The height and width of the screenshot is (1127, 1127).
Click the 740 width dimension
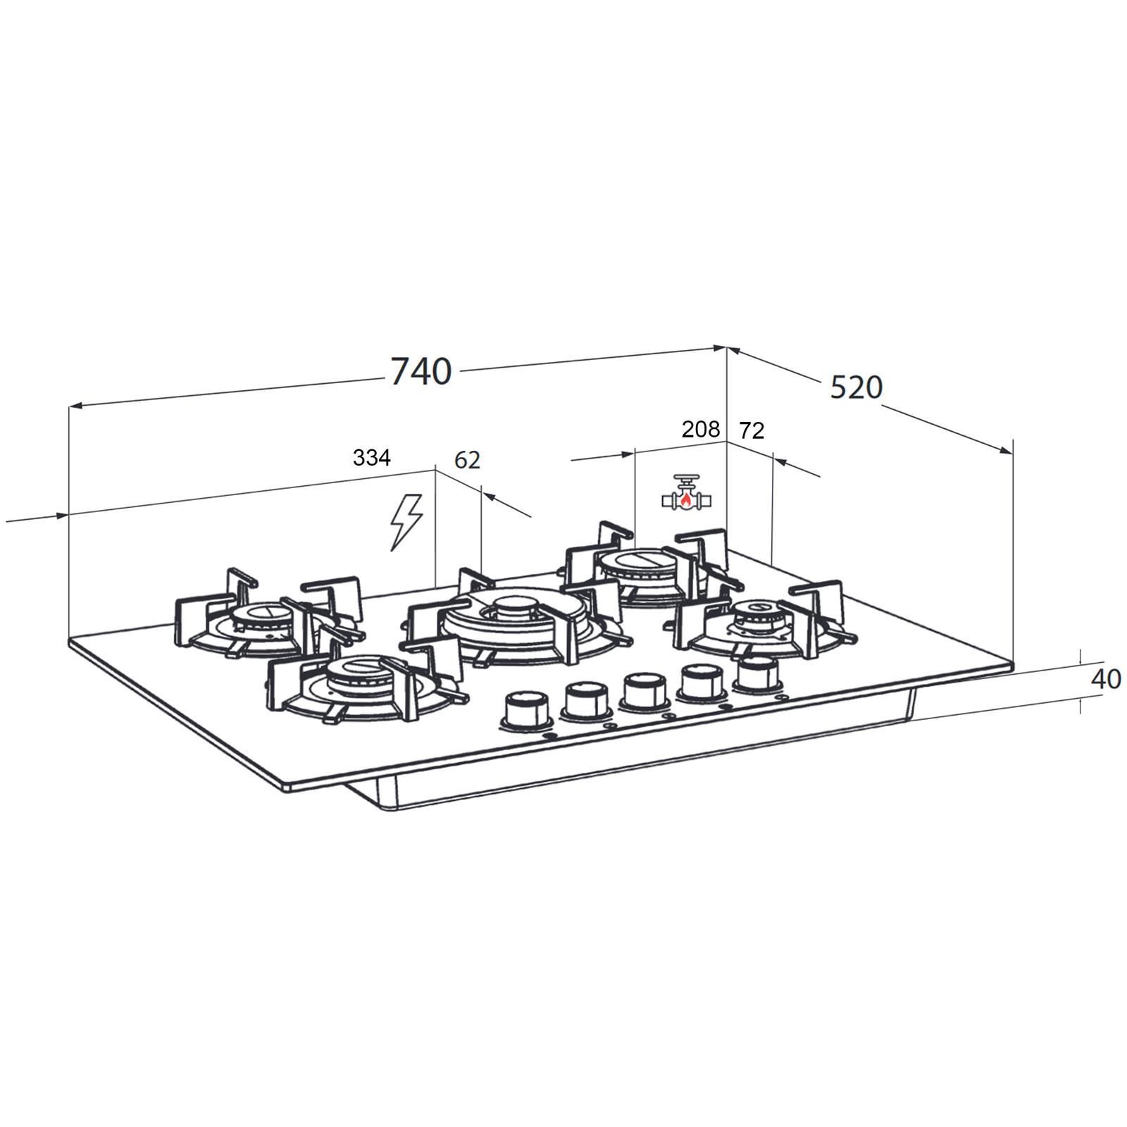421,371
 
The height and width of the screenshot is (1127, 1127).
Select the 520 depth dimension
856,387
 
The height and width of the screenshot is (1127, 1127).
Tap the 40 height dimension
1105,679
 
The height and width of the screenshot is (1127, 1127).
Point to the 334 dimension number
371,458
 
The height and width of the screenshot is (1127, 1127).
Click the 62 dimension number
467,459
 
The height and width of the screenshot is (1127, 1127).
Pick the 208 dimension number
701,429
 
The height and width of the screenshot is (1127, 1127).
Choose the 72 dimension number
752,430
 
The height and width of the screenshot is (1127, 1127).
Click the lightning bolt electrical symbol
407,521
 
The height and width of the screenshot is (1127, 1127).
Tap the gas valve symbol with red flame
687,492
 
